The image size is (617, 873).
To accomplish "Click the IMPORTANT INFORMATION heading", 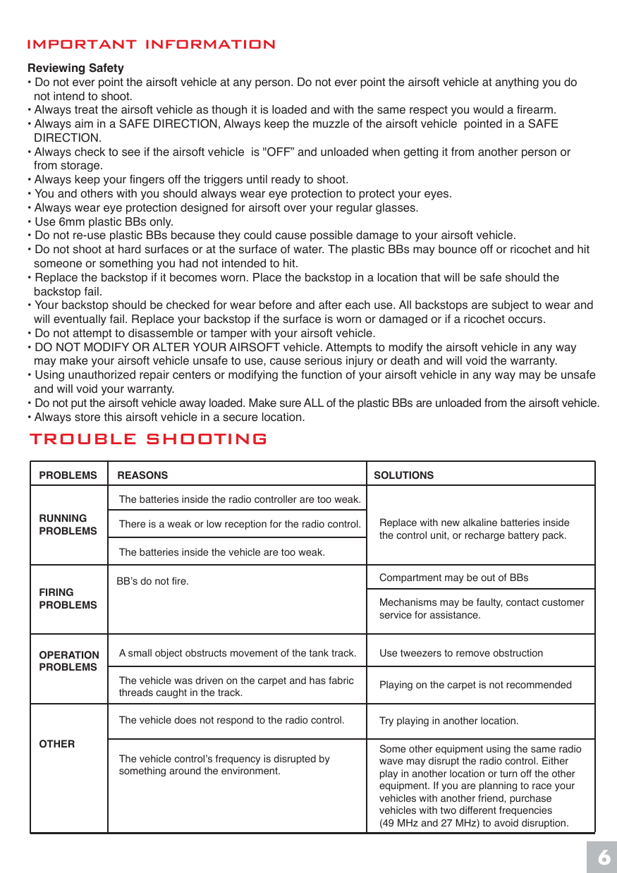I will coord(151,44).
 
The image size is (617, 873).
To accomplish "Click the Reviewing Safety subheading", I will coord(75,68).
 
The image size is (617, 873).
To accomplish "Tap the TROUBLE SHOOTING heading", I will coord(148,439).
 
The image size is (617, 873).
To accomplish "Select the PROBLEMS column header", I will coord(68,475).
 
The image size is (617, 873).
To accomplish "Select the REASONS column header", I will coord(142,475).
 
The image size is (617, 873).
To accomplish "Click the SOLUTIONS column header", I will coord(403,475).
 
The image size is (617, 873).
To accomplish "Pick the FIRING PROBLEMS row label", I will coord(68,599).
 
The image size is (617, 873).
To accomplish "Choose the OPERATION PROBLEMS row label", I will coord(68,661).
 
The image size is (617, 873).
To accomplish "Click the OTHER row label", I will coord(57,744).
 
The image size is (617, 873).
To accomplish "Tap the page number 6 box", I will coord(603,857).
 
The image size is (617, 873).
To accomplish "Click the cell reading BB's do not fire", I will coord(152,582).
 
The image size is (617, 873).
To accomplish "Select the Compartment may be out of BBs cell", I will coord(453,578).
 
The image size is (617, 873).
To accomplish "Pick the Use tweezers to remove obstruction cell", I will coord(461,653).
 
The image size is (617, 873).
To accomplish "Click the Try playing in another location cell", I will coord(448,721).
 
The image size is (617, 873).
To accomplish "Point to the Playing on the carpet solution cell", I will coord(475,685).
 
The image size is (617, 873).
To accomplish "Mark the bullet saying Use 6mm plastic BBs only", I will coord(104,221).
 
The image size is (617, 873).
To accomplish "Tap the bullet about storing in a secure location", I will coord(169,417).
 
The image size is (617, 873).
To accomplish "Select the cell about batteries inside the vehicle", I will coord(222,552).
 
